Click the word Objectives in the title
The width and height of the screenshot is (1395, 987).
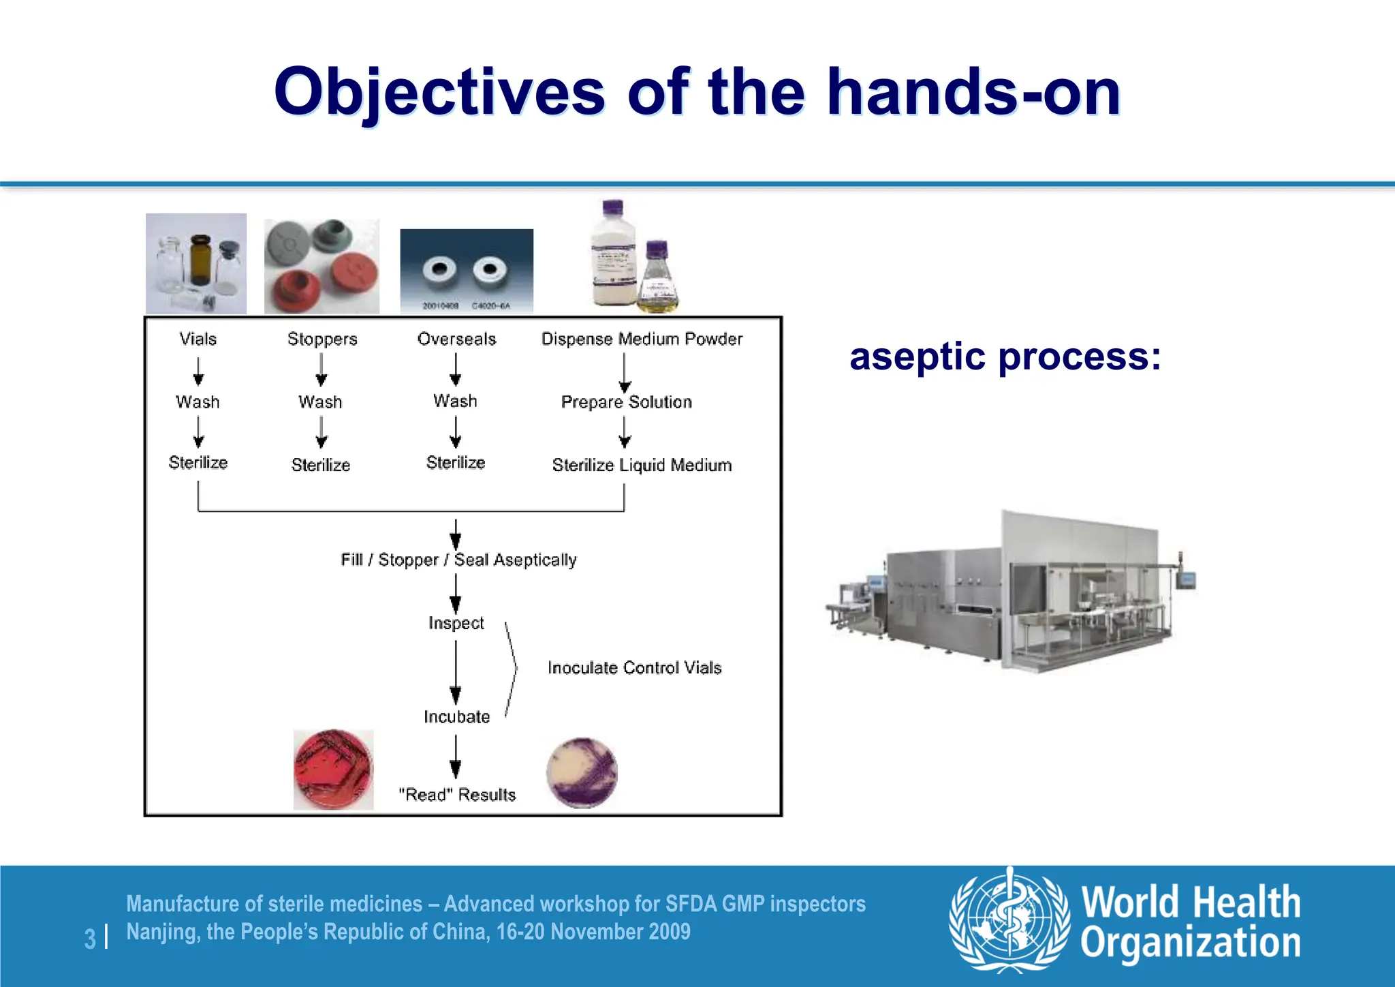439,92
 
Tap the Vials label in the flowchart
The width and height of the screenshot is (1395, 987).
198,339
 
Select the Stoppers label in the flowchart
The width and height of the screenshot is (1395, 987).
322,339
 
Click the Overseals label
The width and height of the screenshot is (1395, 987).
456,339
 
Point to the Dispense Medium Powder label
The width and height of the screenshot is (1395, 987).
641,339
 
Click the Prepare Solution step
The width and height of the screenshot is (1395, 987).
626,402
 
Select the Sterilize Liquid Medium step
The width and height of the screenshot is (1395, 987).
642,465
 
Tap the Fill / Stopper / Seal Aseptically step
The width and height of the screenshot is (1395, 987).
458,560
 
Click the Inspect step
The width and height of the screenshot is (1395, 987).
456,623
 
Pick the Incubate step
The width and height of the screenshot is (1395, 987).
456,717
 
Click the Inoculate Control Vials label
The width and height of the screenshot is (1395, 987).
634,667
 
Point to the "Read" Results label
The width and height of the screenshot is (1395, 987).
457,795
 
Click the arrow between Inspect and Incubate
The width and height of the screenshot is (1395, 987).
456,671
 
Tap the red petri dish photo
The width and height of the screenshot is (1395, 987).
334,770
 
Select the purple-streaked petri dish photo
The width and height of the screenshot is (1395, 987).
582,773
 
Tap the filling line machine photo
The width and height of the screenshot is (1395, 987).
1012,592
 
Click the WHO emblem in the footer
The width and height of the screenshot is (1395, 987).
1009,920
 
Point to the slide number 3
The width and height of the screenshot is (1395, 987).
90,939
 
